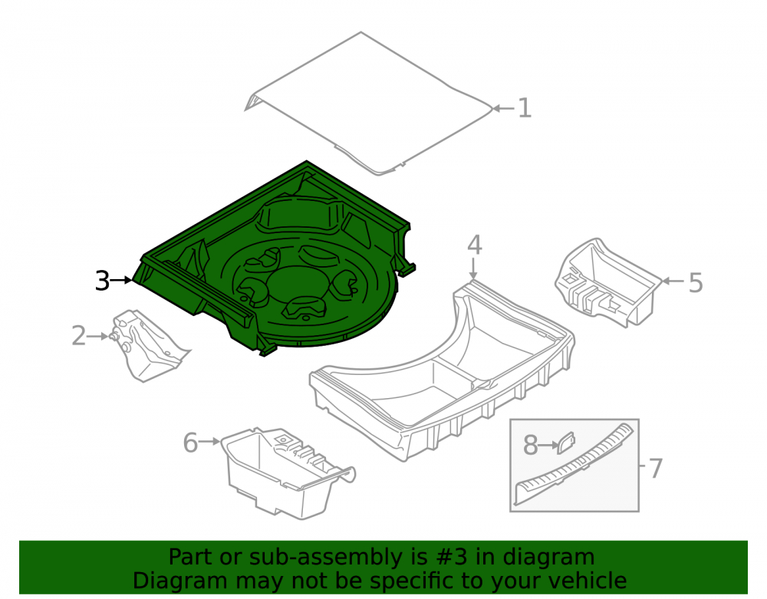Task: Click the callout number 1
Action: coord(524,107)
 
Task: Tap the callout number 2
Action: coord(79,336)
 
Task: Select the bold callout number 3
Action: coord(102,281)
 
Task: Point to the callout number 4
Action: coord(475,245)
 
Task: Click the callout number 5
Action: coord(696,282)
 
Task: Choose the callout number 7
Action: coord(656,468)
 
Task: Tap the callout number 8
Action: coord(531,445)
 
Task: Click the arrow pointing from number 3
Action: coord(121,280)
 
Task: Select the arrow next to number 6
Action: coord(209,442)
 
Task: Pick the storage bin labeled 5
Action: coord(607,283)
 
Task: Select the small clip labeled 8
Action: coord(567,443)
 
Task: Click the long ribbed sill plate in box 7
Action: coord(574,463)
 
